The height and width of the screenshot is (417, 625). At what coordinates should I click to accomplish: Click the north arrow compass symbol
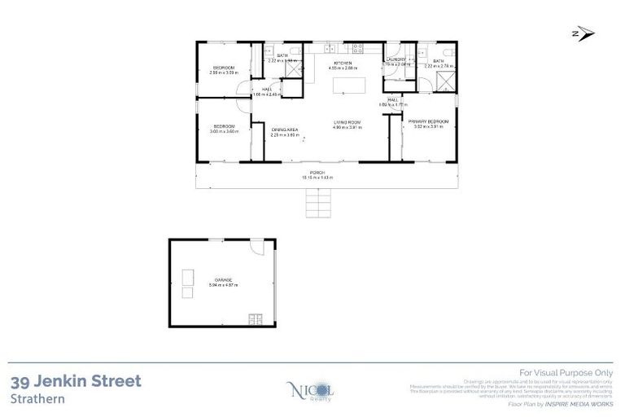pyautogui.click(x=582, y=33)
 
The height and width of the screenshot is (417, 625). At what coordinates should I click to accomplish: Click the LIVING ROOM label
pyautogui.click(x=347, y=123)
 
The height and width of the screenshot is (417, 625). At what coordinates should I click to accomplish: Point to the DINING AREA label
pyautogui.click(x=284, y=129)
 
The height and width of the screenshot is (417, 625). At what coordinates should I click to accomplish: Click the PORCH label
pyautogui.click(x=318, y=173)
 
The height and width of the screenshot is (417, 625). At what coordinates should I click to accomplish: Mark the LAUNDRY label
pyautogui.click(x=396, y=59)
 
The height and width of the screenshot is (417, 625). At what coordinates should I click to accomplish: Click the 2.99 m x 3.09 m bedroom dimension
pyautogui.click(x=224, y=72)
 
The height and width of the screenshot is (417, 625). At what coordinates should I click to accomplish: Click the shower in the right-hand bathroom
pyautogui.click(x=444, y=82)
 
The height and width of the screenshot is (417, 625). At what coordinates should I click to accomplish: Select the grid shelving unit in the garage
pyautogui.click(x=256, y=318)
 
